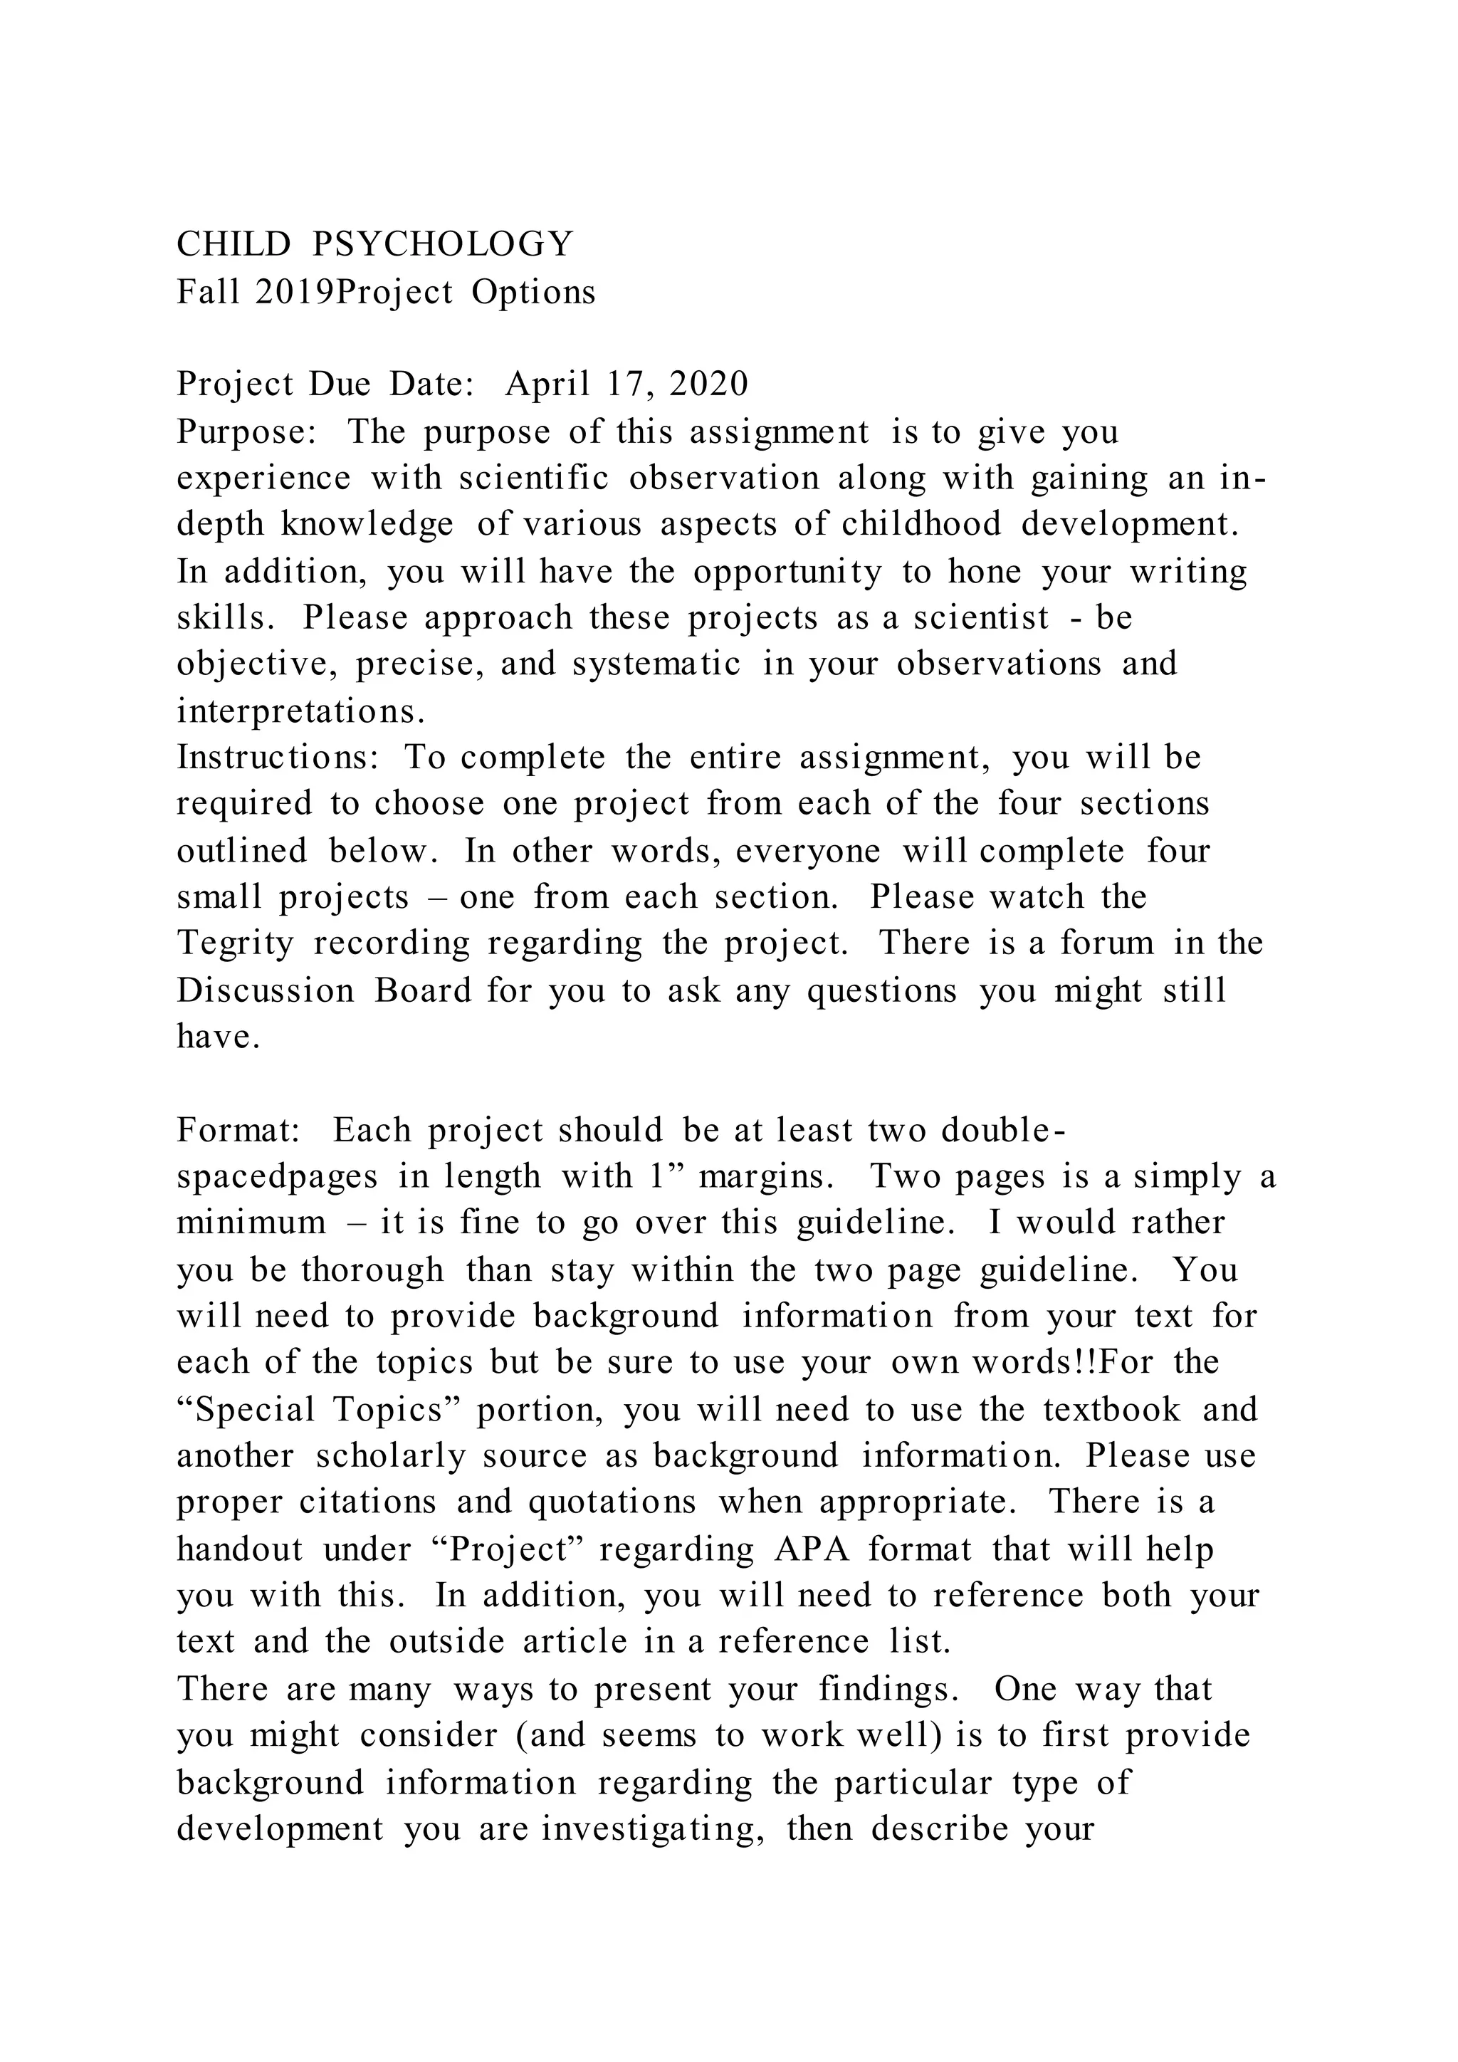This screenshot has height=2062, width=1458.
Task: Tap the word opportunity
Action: coord(787,572)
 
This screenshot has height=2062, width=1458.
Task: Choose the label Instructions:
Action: coord(278,757)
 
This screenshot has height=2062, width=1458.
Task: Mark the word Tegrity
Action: coord(235,943)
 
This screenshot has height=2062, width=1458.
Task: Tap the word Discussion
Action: coord(265,990)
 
